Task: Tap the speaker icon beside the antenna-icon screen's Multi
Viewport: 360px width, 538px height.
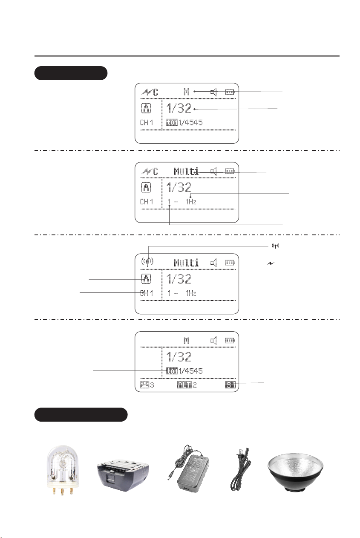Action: [x=214, y=262]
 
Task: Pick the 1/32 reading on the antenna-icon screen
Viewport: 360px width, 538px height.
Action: [x=179, y=279]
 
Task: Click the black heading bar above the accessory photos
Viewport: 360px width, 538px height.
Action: [x=81, y=415]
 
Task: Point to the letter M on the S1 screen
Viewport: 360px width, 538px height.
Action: [x=187, y=341]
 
